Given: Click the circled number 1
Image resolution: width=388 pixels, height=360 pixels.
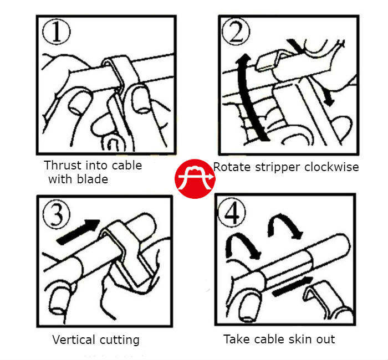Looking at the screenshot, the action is click(x=57, y=32).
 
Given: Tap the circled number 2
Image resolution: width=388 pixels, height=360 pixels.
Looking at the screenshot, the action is click(x=236, y=32).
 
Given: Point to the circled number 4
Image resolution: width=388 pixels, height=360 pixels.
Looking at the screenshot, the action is click(x=232, y=213).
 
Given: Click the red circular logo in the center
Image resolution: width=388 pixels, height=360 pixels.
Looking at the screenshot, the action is click(x=195, y=178).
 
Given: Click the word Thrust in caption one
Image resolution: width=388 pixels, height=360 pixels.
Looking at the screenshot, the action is click(x=62, y=165).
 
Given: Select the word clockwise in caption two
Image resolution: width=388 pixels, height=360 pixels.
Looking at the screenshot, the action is click(x=331, y=167).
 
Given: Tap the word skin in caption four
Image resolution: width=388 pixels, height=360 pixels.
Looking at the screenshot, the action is click(x=294, y=339).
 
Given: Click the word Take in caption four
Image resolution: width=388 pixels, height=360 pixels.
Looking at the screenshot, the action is click(x=237, y=339).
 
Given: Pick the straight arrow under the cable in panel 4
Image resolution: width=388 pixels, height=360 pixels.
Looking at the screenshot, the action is click(x=293, y=286).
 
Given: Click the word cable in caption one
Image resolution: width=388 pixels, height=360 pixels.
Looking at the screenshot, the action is click(x=127, y=165).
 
